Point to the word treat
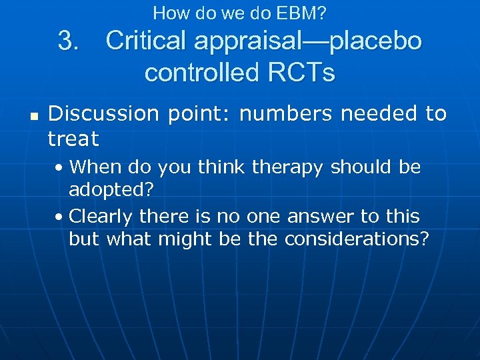73,139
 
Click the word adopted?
111,189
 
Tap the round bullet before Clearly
61,217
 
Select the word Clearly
100,216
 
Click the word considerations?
357,239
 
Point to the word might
181,239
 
